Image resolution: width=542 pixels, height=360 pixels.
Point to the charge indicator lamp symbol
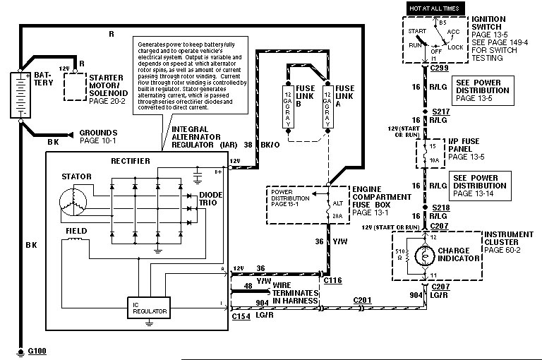click(426, 253)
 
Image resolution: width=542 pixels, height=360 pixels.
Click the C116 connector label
click(332, 280)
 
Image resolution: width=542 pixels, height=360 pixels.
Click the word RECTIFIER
click(131, 161)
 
